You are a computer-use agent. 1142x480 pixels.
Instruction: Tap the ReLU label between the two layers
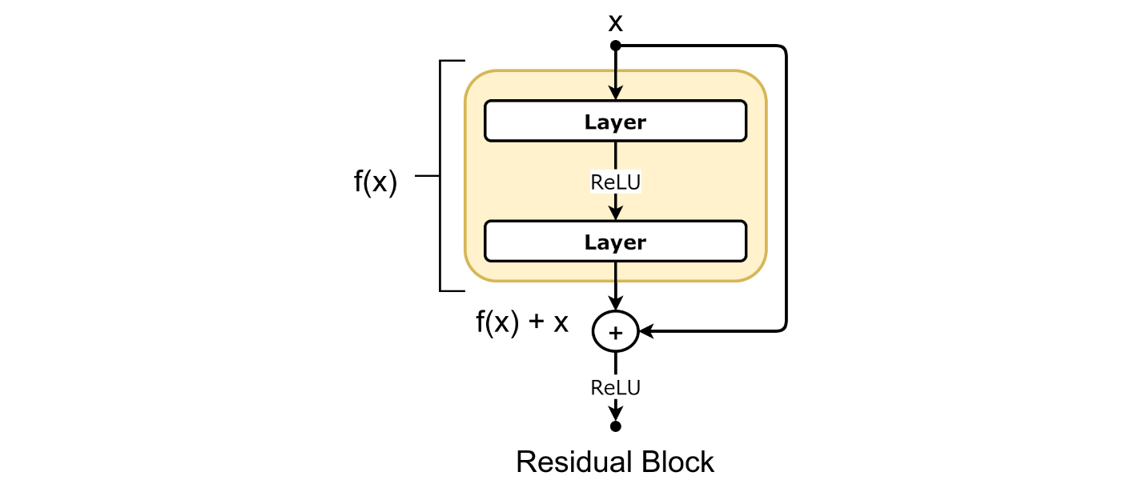pos(615,182)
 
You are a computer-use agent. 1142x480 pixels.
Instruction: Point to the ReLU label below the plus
pos(615,388)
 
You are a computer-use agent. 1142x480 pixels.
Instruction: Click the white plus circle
pos(615,332)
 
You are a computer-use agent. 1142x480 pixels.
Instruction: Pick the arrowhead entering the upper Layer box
pos(615,94)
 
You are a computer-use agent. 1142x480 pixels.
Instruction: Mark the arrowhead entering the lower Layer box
pos(615,213)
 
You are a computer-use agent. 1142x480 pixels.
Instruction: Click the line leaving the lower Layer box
pos(615,272)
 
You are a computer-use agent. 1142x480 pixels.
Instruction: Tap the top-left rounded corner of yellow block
pos(473,79)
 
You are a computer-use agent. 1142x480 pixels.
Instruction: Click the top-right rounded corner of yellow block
pos(758,79)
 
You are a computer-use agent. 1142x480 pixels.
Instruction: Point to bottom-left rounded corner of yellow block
pos(473,273)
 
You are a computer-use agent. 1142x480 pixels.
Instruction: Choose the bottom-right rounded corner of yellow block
pos(758,273)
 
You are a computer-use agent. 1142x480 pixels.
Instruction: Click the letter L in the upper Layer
pos(589,122)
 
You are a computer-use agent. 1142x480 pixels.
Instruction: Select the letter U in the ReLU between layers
pos(633,182)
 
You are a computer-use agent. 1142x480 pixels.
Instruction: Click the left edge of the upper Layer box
pos(485,121)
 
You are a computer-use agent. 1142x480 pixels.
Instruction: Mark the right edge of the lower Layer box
pos(746,241)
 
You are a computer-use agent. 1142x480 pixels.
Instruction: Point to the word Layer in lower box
pos(615,242)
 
